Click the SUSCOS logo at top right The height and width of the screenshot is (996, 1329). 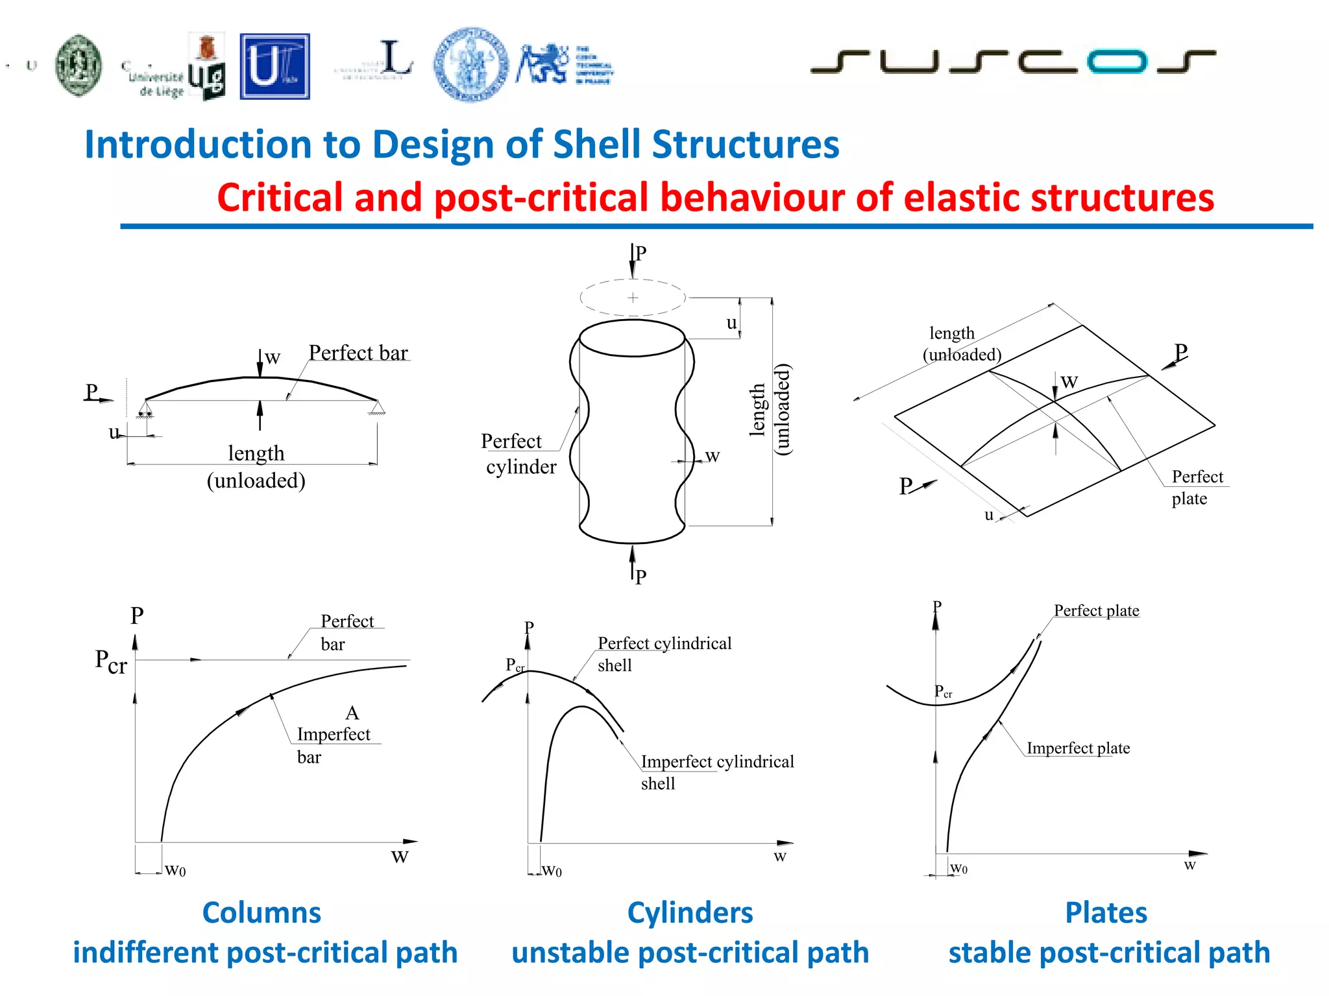pyautogui.click(x=1012, y=62)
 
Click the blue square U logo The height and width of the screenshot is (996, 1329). pyautogui.click(x=274, y=67)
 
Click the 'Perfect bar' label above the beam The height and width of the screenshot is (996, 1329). pyautogui.click(x=358, y=353)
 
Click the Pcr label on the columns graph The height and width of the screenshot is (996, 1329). pyautogui.click(x=111, y=661)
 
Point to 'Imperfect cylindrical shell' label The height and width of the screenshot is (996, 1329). pyautogui.click(x=716, y=772)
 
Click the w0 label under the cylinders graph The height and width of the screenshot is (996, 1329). pyautogui.click(x=552, y=871)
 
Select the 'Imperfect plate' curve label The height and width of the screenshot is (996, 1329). pyautogui.click(x=1078, y=748)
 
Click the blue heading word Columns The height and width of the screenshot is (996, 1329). pyautogui.click(x=262, y=913)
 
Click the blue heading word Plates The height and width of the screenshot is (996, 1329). pyautogui.click(x=1106, y=913)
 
